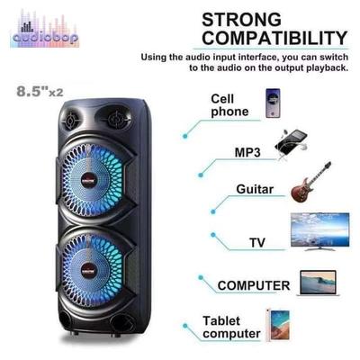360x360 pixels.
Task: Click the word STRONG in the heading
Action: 241,20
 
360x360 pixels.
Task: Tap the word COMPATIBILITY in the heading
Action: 274,38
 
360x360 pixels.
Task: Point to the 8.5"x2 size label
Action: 40,92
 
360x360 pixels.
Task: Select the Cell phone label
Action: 229,105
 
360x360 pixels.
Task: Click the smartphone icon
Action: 273,103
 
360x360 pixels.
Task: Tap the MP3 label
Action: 247,152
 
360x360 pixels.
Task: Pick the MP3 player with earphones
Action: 292,144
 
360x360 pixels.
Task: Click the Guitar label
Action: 255,189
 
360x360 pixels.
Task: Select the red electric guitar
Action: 311,182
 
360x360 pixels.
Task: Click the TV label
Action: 257,242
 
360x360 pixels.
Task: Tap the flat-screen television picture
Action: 320,231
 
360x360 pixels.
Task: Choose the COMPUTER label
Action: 254,285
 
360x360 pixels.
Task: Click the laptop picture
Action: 318,283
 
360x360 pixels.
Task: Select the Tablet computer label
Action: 231,328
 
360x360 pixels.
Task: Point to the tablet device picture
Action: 278,326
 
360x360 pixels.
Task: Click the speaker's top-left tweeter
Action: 71,121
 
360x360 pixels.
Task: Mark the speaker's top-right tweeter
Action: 116,119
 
